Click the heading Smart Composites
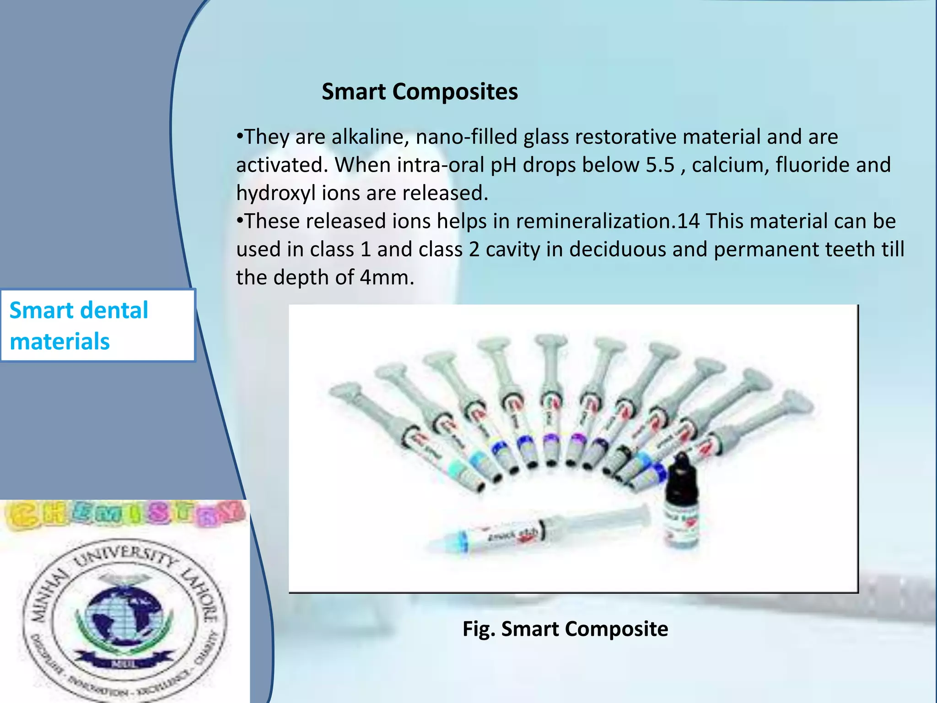click(420, 92)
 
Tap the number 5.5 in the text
click(660, 165)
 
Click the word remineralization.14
click(608, 221)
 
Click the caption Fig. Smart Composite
click(565, 629)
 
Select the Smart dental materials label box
click(97, 325)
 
